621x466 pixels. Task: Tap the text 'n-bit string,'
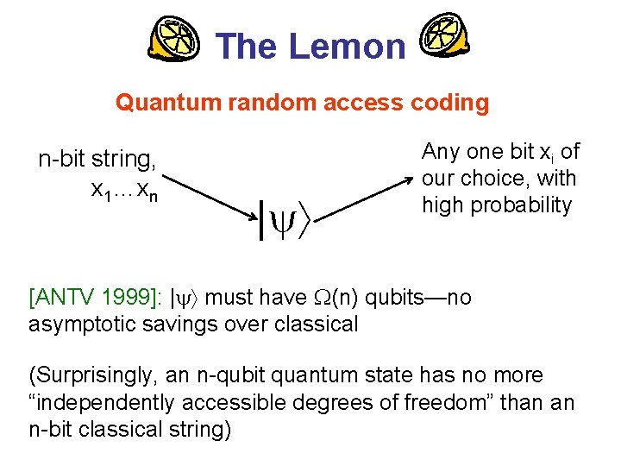point(97,160)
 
